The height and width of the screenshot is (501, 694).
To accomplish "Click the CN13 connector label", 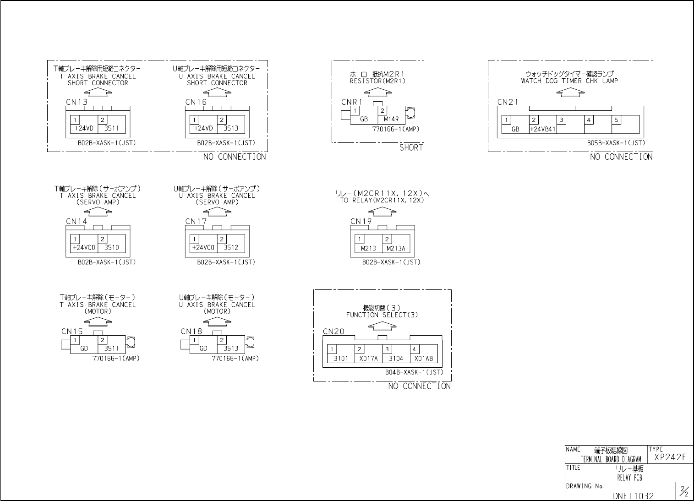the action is pos(77,102).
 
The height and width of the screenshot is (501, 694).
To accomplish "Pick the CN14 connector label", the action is pos(77,221).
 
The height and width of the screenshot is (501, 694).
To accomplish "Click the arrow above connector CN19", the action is pos(382,211).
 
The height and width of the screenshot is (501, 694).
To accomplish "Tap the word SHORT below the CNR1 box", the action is pos(411,148).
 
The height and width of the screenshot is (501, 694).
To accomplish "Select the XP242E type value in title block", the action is pos(670,457).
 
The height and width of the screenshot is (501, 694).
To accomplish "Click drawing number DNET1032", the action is pos(633,496).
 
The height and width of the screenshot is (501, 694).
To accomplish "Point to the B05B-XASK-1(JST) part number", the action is pos(616,143).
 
